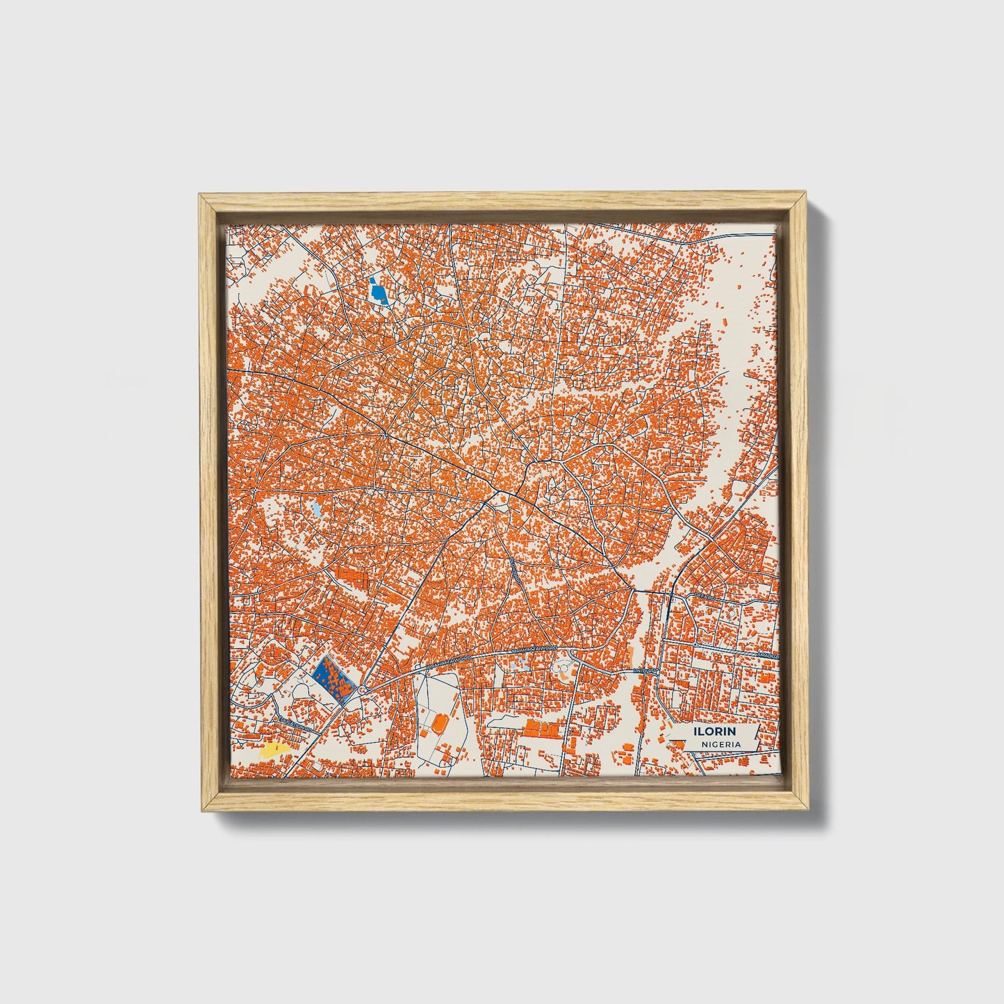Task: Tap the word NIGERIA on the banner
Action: [721, 744]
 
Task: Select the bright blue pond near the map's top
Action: [378, 292]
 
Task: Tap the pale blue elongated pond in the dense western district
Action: [316, 511]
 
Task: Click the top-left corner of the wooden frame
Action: [199, 195]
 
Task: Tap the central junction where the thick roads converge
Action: [499, 495]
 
